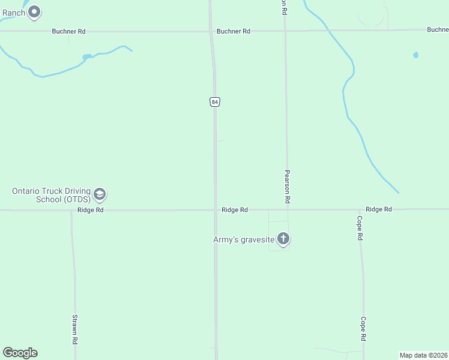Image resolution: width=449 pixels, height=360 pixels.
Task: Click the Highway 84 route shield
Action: pyautogui.click(x=215, y=102)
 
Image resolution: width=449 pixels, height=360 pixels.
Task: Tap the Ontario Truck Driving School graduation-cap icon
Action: pyautogui.click(x=100, y=194)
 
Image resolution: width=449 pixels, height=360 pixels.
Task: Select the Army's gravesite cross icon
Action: pyautogui.click(x=283, y=239)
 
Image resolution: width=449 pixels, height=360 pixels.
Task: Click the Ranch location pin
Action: pyautogui.click(x=35, y=11)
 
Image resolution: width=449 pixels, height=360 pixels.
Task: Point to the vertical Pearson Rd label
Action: pyautogui.click(x=288, y=185)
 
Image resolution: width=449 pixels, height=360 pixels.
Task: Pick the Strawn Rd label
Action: pyautogui.click(x=75, y=329)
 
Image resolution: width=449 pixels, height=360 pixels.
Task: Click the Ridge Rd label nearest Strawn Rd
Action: pyautogui.click(x=91, y=210)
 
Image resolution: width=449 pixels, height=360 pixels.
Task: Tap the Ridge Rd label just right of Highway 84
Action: pyautogui.click(x=235, y=210)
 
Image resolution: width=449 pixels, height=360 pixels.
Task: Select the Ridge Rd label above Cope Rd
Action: pyautogui.click(x=379, y=209)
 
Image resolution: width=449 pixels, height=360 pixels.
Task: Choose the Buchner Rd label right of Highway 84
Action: pyautogui.click(x=234, y=31)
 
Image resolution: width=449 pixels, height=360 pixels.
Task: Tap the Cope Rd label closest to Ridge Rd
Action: pyautogui.click(x=360, y=229)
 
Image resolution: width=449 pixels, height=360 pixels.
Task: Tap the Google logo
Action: pyautogui.click(x=20, y=353)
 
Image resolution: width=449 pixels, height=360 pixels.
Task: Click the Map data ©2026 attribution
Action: pyautogui.click(x=423, y=355)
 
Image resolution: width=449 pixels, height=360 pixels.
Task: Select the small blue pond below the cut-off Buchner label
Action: pyautogui.click(x=415, y=55)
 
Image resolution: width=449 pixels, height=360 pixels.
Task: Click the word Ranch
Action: pyautogui.click(x=13, y=13)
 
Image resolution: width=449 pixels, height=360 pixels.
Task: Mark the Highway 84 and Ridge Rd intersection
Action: pyautogui.click(x=215, y=210)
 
